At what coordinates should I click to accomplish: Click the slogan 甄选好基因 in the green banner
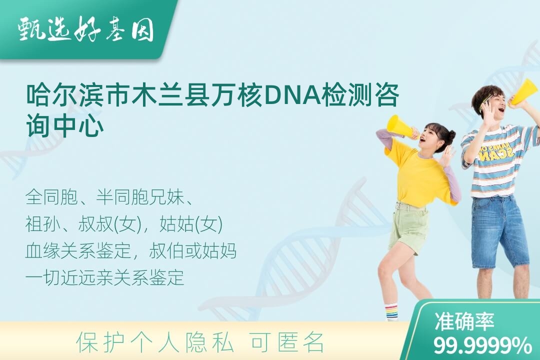(x=86, y=29)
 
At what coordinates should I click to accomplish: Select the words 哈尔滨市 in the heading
(x=79, y=94)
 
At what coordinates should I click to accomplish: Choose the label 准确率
(x=464, y=321)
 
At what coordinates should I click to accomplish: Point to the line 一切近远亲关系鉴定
(x=104, y=277)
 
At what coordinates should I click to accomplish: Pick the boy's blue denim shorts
(x=499, y=231)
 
